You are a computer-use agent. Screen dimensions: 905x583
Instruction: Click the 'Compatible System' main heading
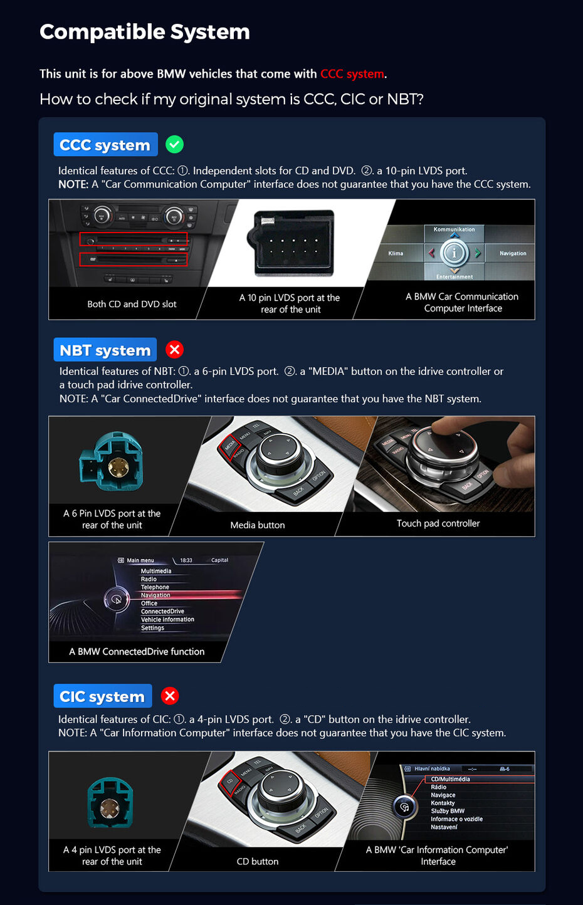144,32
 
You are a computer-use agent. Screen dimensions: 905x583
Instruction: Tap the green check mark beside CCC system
174,145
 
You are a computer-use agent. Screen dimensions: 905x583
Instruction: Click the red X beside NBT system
174,350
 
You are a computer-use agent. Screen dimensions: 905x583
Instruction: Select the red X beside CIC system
170,696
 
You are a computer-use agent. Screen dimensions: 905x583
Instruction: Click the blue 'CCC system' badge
105,145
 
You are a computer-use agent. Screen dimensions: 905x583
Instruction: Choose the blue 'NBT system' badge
105,350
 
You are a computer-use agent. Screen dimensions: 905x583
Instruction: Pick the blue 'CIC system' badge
102,696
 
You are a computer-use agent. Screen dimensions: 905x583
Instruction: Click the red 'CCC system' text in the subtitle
352,74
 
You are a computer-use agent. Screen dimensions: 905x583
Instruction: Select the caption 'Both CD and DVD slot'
132,304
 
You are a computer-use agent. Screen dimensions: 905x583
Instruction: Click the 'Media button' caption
257,525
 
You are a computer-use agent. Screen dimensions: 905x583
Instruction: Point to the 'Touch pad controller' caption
438,523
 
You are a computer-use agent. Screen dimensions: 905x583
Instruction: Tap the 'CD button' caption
257,862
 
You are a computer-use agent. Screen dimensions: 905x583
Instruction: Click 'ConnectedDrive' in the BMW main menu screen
162,611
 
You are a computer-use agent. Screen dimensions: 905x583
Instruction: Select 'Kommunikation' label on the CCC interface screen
454,229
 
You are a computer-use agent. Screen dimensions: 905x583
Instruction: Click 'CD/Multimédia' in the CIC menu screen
450,779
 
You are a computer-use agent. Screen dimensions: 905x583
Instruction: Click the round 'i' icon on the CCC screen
454,253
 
